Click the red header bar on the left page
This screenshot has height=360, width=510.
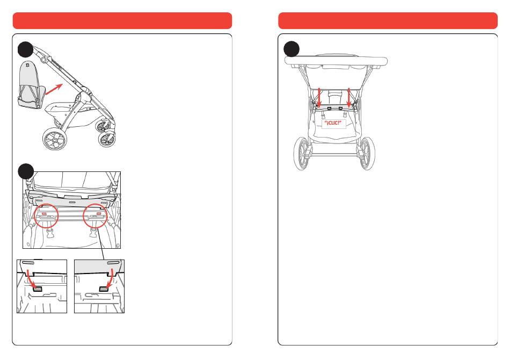pyautogui.click(x=122, y=20)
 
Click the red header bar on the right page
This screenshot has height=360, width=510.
pyautogui.click(x=388, y=20)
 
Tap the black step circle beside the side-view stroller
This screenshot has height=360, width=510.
pyautogui.click(x=25, y=49)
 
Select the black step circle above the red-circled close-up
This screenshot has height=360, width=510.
pyautogui.click(x=26, y=171)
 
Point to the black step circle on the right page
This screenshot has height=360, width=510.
pyautogui.click(x=292, y=49)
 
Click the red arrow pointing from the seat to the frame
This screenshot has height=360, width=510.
pyautogui.click(x=54, y=89)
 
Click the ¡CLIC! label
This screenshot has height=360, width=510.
pyautogui.click(x=333, y=123)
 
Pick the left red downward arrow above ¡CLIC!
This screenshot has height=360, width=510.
pyautogui.click(x=319, y=98)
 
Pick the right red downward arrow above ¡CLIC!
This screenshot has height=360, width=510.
pyautogui.click(x=349, y=98)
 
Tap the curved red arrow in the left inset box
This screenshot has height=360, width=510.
pyautogui.click(x=31, y=279)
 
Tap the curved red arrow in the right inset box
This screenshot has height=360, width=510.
pyautogui.click(x=111, y=279)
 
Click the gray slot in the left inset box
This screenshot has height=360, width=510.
pyautogui.click(x=38, y=289)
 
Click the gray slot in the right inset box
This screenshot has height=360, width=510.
pyautogui.click(x=104, y=289)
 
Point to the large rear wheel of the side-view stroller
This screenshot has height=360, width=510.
pyautogui.click(x=55, y=139)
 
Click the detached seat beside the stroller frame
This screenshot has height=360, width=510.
pyautogui.click(x=30, y=85)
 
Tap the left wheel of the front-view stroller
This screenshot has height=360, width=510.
pyautogui.click(x=301, y=154)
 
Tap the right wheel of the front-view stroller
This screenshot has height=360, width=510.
pyautogui.click(x=367, y=154)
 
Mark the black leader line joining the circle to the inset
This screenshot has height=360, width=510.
pyautogui.click(x=101, y=242)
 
